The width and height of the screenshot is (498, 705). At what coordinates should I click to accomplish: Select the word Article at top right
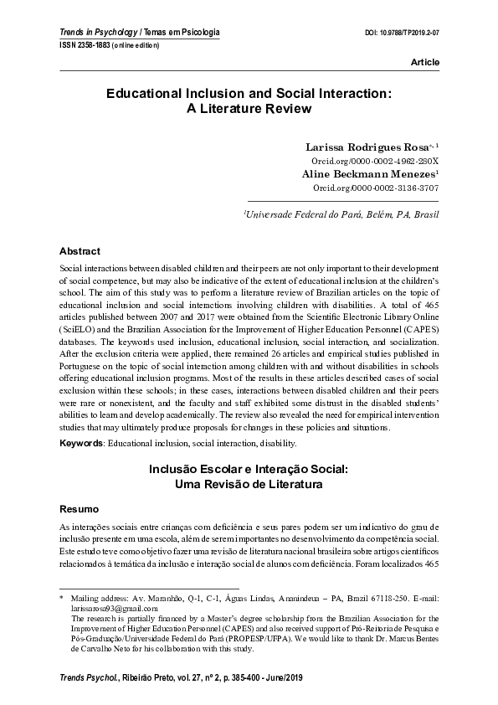coord(424,63)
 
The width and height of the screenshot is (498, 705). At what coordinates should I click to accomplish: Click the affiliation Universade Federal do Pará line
coord(341,214)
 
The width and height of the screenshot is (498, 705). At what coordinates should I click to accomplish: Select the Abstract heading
coord(80,250)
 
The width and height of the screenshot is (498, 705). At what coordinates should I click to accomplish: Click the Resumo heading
coord(80,509)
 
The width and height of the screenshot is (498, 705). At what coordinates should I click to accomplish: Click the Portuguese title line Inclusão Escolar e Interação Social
coord(249,470)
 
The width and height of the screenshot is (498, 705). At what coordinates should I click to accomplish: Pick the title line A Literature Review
coord(249,109)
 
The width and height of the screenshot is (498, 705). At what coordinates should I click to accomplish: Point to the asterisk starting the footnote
coord(61,600)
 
